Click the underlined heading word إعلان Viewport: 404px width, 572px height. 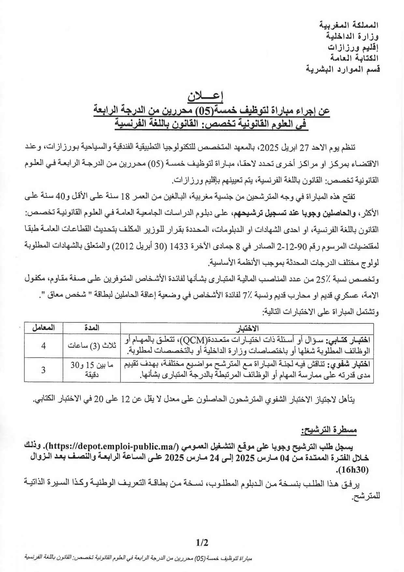[205, 96]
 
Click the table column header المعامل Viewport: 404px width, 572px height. [43, 328]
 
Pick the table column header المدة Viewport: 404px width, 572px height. [92, 328]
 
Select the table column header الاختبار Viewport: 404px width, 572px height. [247, 328]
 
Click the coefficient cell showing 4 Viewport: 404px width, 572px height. [43, 345]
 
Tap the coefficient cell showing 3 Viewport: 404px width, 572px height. [43, 370]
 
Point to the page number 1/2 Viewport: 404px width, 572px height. [202, 543]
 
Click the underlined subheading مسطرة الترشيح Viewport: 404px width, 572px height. [329, 431]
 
